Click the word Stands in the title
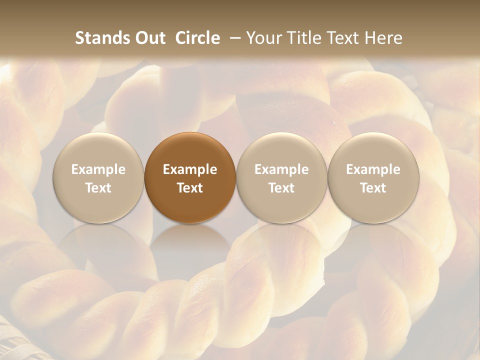(x=103, y=38)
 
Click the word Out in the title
(x=149, y=38)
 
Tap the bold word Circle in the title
(x=197, y=38)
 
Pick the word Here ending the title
(x=383, y=38)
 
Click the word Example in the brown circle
(x=190, y=169)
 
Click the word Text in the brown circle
(x=190, y=188)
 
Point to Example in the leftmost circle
(x=98, y=169)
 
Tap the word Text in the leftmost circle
(x=98, y=188)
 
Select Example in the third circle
(x=281, y=169)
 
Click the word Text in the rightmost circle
(x=373, y=188)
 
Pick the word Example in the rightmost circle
(x=373, y=169)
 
